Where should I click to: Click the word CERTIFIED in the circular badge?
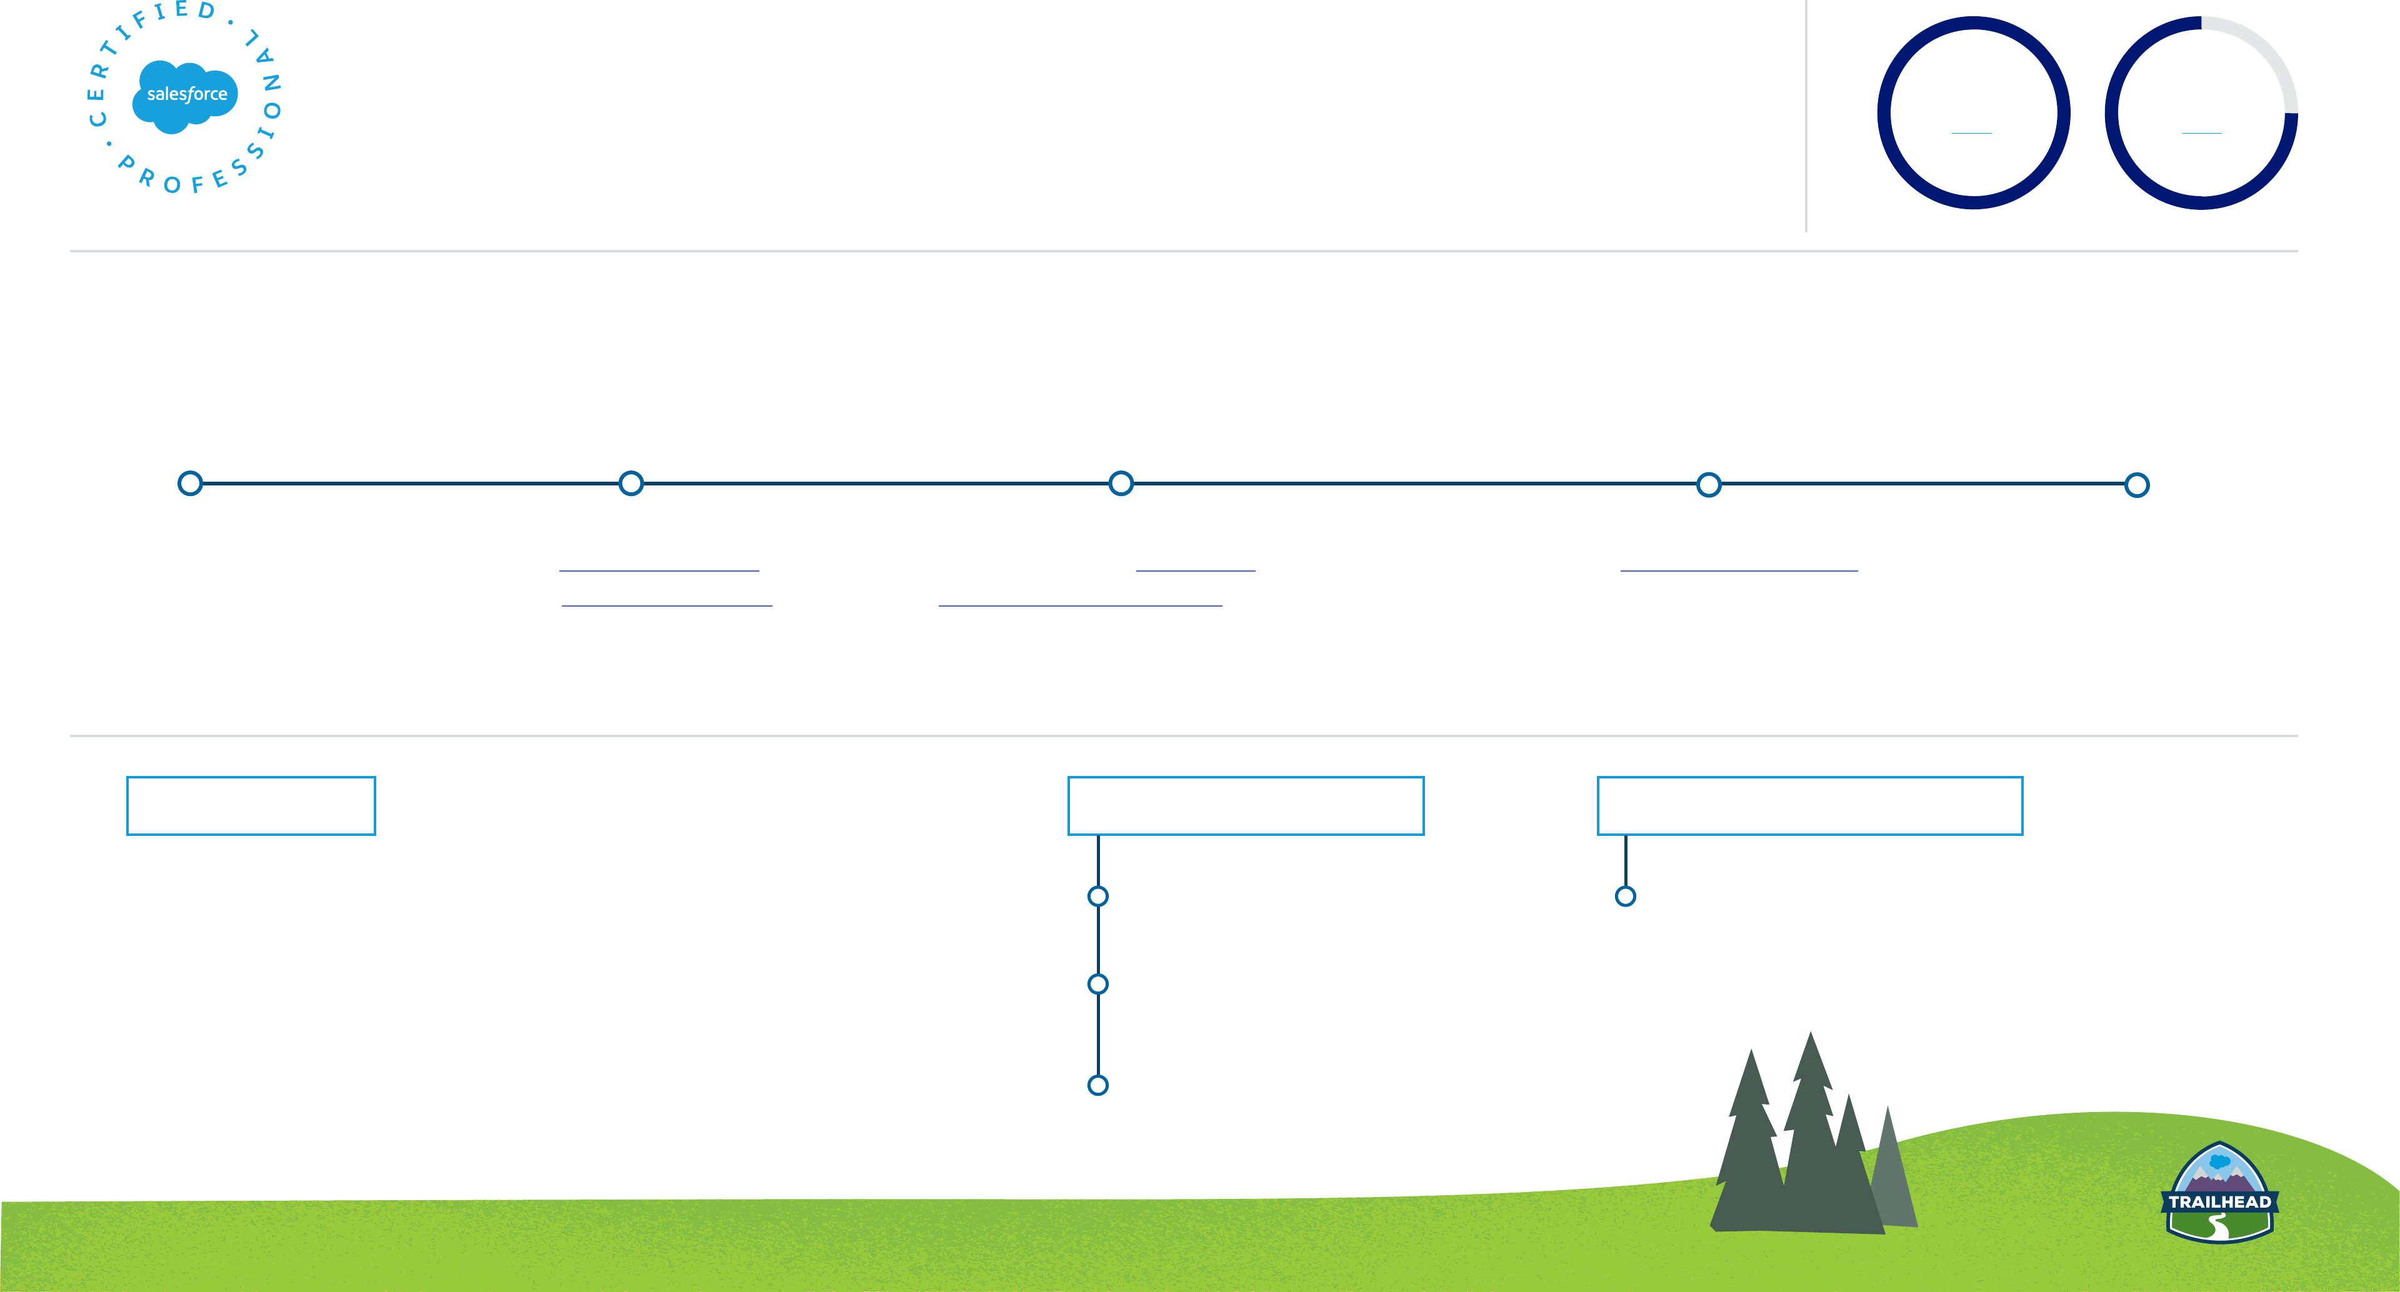[140, 37]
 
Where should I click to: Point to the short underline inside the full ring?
[1971, 133]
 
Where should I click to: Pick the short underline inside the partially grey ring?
[2201, 133]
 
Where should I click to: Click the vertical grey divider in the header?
[1806, 116]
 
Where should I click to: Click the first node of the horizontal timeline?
[190, 484]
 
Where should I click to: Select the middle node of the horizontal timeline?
[1121, 484]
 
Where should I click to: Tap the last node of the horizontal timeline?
[2136, 484]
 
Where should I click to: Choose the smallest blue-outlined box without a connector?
[251, 806]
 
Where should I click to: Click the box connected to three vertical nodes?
[1246, 806]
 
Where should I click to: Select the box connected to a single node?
[1809, 806]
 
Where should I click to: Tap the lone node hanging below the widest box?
[1626, 896]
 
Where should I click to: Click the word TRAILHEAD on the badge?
[2219, 1201]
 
